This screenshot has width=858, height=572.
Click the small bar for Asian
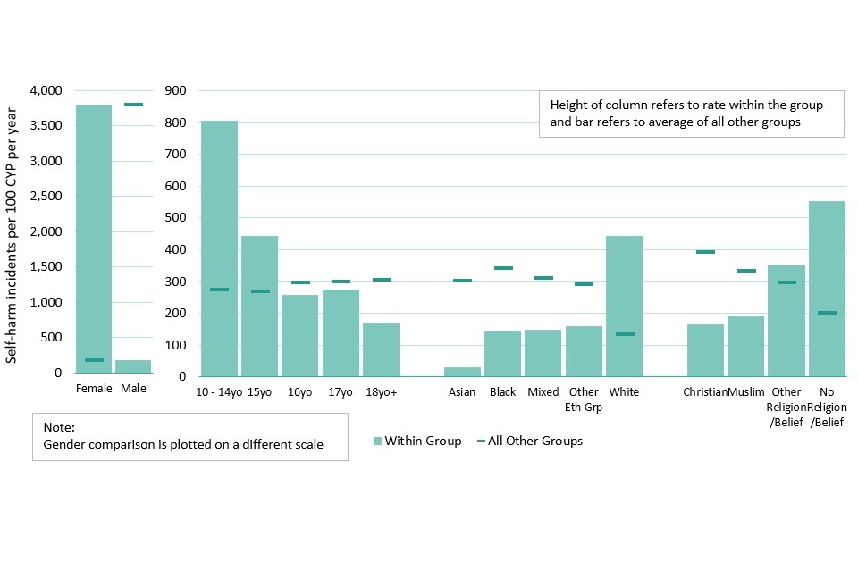(x=462, y=371)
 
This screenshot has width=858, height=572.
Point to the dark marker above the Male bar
(x=133, y=105)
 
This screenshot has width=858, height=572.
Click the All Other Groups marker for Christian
(x=705, y=252)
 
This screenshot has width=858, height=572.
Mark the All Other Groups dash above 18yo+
(x=382, y=280)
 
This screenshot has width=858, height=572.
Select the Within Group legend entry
(x=416, y=441)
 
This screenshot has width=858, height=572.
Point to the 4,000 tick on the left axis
(x=45, y=91)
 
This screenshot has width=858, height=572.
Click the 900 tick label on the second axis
(x=176, y=91)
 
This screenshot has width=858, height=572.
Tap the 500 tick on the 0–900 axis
(x=176, y=218)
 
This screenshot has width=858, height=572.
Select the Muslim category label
(x=746, y=392)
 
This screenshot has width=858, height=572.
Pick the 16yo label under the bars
(x=299, y=392)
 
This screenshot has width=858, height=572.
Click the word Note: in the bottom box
(x=58, y=428)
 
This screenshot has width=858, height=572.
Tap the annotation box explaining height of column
(x=691, y=113)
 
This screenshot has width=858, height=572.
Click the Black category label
(x=502, y=392)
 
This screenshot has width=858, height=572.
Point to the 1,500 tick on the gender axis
(x=45, y=267)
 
